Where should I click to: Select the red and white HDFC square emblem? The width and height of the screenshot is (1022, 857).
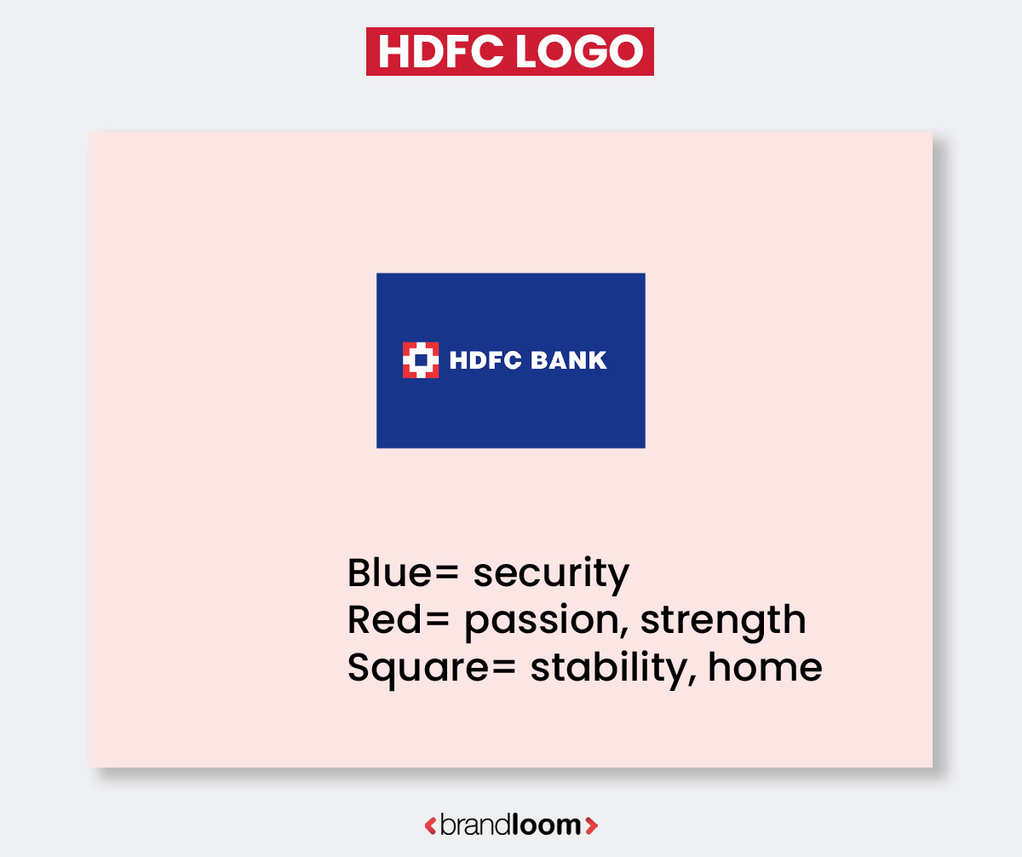(421, 359)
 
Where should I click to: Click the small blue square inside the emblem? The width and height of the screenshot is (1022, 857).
(421, 359)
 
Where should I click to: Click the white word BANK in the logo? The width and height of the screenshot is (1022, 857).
(569, 360)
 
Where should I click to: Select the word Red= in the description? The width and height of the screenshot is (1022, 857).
(398, 620)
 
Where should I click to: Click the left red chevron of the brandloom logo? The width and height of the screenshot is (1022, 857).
(430, 825)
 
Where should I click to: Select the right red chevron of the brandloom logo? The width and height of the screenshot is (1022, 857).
(593, 825)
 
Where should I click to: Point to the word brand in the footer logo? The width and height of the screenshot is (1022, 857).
(475, 825)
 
